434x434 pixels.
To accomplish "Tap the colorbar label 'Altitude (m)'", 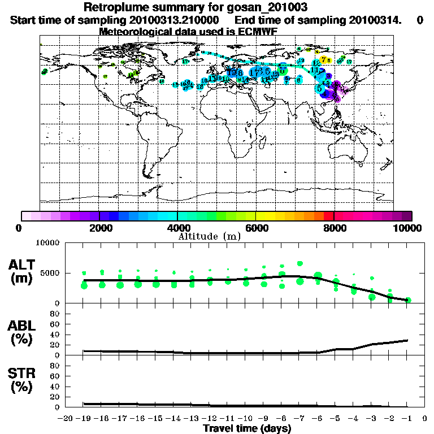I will (x=209, y=236).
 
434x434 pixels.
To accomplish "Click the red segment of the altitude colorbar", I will (x=328, y=216).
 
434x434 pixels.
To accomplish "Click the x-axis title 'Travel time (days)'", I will (x=247, y=428).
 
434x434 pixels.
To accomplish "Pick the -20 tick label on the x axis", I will (x=66, y=418).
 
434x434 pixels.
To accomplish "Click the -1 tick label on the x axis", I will (x=408, y=418).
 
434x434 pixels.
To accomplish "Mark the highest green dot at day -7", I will (x=300, y=263).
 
